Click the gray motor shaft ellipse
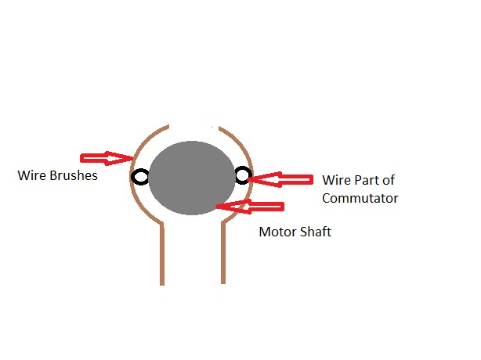pyautogui.click(x=192, y=178)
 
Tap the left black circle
pyautogui.click(x=140, y=177)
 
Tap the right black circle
pyautogui.click(x=244, y=175)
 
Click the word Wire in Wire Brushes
pyautogui.click(x=32, y=175)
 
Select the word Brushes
pyautogui.click(x=74, y=175)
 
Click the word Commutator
pyautogui.click(x=360, y=198)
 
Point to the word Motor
pyautogui.click(x=278, y=232)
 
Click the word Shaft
pyautogui.click(x=316, y=232)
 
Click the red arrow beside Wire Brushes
pyautogui.click(x=107, y=158)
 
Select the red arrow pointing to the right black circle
pyautogui.click(x=280, y=179)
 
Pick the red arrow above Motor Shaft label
pyautogui.click(x=250, y=207)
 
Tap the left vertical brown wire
pyautogui.click(x=162, y=254)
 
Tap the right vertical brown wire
pyautogui.click(x=223, y=253)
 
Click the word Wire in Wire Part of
pyautogui.click(x=337, y=180)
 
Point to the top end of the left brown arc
pyautogui.click(x=168, y=125)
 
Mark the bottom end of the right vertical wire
pyautogui.click(x=223, y=284)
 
